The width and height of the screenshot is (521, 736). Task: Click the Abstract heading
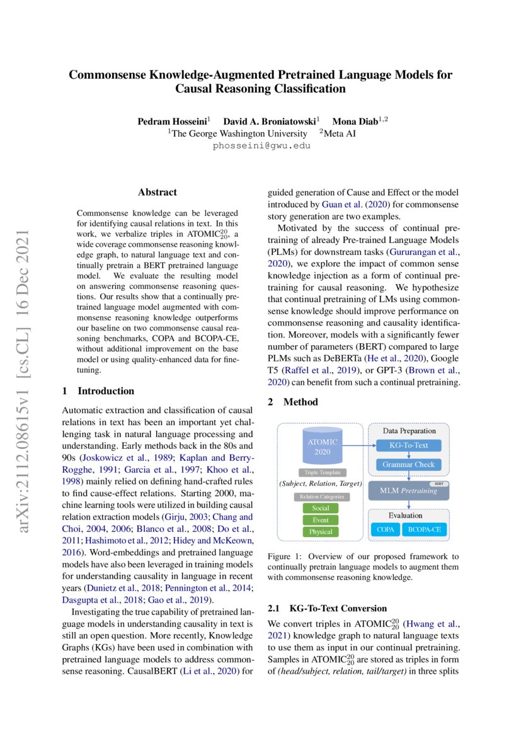tap(157, 192)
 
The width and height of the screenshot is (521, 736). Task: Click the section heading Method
tap(301, 402)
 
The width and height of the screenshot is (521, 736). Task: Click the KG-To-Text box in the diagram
tap(409, 445)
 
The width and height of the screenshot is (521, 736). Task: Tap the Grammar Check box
tap(409, 465)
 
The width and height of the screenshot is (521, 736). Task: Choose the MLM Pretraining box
tap(409, 490)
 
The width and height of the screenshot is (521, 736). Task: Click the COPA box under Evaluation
tap(385, 529)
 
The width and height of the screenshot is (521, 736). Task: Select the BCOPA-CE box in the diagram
tap(423, 529)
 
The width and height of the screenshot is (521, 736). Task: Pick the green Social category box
tap(321, 508)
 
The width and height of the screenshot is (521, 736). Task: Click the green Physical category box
tap(321, 532)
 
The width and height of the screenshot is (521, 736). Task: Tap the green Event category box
tap(321, 520)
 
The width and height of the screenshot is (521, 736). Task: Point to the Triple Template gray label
tap(323, 472)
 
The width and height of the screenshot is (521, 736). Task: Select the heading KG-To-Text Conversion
tap(338, 608)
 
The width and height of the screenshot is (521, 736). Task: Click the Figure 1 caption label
tap(285, 557)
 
